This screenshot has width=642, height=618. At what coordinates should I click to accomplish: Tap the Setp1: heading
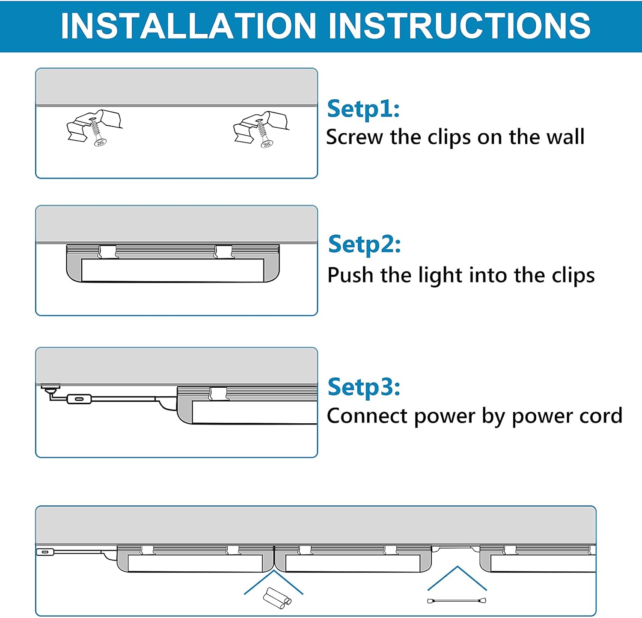pos(363,109)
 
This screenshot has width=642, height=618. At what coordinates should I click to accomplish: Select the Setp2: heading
pos(364,244)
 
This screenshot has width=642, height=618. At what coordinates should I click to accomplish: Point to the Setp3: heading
pos(364,387)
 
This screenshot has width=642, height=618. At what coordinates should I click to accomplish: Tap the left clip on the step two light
pos(108,252)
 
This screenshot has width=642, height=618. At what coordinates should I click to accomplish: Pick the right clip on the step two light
pos(223,252)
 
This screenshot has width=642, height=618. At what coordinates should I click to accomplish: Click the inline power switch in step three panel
pos(79,399)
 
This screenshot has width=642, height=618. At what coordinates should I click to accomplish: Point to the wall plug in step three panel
pos(50,389)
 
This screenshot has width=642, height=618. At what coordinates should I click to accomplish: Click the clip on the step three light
pos(218,393)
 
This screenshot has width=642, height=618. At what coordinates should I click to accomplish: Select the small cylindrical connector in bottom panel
pos(276,597)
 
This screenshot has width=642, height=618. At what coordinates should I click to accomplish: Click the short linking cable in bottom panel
pos(456,601)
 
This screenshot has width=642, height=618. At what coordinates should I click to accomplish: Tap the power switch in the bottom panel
pos(45,552)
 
